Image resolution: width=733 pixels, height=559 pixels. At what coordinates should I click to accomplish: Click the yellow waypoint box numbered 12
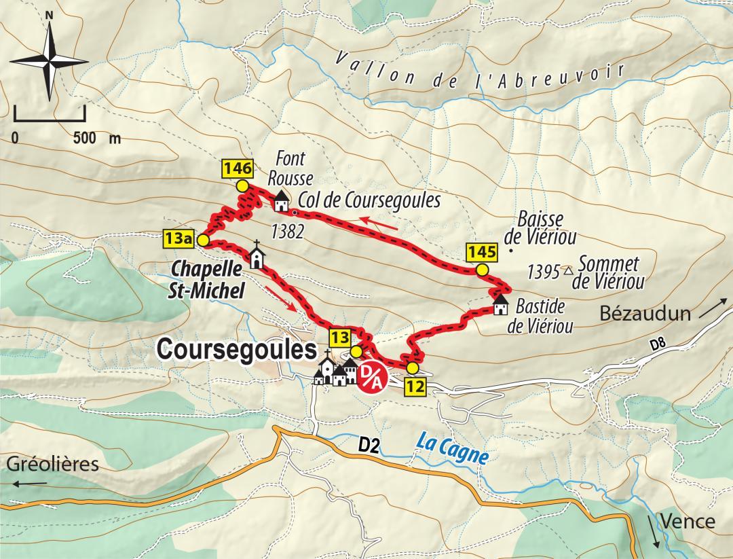point(415,386)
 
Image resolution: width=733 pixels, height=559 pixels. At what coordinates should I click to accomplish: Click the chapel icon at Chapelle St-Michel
point(257,256)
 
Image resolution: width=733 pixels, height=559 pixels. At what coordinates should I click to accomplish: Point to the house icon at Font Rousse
point(280,201)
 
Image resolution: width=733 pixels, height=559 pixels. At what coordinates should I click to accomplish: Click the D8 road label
point(656,345)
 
